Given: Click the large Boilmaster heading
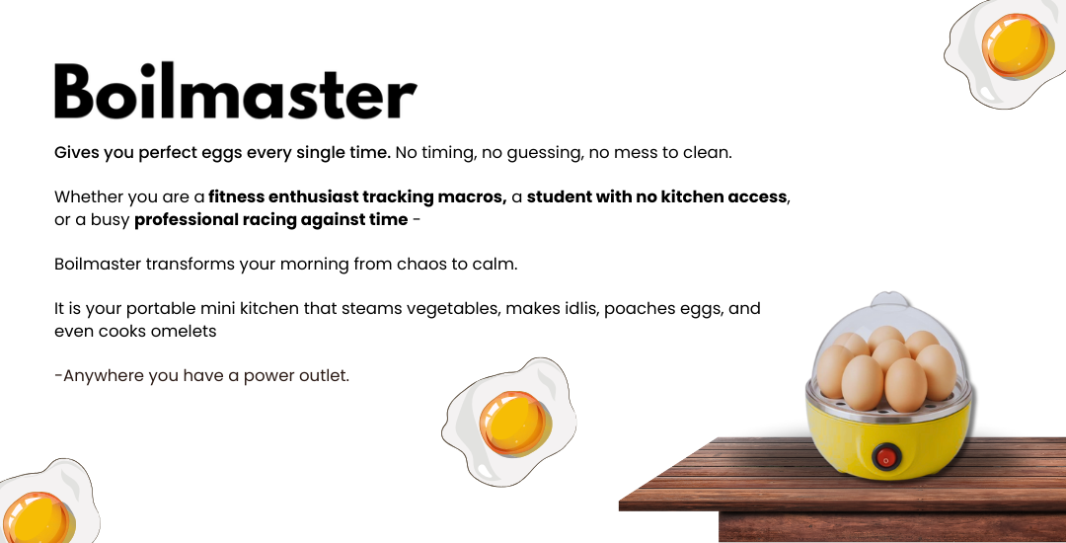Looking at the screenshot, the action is point(235,91).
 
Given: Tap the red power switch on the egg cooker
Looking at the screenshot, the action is point(885,457).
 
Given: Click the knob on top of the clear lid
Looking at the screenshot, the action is point(890,299).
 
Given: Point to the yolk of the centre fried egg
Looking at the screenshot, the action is point(513,423).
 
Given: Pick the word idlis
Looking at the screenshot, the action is point(581,309).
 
